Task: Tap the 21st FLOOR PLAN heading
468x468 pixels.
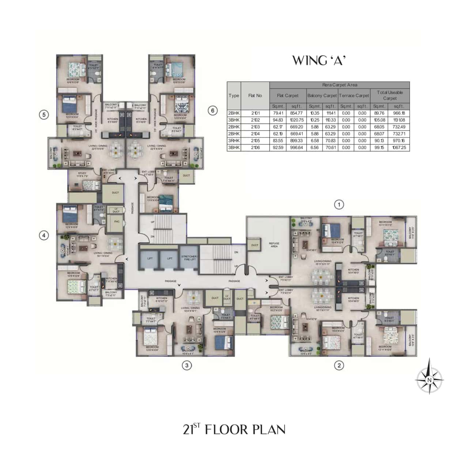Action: [234, 429]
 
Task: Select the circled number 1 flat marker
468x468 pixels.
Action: [339, 204]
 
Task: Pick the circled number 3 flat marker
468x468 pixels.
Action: [187, 365]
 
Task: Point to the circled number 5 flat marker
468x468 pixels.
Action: [44, 115]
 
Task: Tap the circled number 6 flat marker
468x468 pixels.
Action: [213, 110]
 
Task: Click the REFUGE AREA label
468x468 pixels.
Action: [274, 245]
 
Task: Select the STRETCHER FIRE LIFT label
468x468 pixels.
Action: [189, 258]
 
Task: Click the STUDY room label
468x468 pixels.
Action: [82, 174]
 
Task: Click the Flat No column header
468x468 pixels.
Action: [255, 95]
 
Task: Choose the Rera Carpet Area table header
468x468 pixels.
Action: [340, 85]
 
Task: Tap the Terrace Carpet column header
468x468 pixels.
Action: [354, 95]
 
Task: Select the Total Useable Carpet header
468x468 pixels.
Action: [390, 95]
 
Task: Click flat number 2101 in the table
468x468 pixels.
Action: [255, 113]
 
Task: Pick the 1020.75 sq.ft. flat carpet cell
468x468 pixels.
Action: [296, 120]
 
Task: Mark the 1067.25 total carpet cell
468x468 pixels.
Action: [399, 148]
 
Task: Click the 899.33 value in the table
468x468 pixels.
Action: [296, 141]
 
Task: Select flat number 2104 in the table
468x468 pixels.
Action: [255, 134]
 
